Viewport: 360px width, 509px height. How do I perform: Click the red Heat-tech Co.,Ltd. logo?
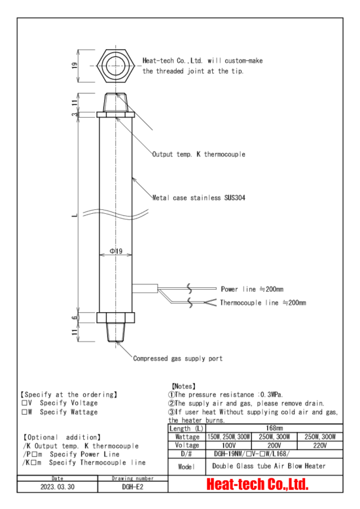[257, 484]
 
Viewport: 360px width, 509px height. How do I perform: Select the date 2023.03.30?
[58, 487]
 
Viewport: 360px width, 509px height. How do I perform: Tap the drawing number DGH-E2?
[133, 487]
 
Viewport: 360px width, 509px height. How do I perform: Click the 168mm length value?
[274, 428]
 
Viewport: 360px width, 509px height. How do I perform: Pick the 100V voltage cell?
[228, 446]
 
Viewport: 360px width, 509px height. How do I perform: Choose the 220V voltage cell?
[319, 446]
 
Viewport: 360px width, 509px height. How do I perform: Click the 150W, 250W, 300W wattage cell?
[228, 437]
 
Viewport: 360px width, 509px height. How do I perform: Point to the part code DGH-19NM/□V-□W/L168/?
[251, 454]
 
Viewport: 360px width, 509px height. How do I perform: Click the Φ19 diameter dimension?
[116, 251]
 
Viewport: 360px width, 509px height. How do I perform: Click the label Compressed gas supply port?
[178, 359]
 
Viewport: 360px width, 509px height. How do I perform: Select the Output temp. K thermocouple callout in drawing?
[198, 154]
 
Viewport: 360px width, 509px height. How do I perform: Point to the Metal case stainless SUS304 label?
[198, 198]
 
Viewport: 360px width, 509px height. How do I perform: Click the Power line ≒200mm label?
[252, 289]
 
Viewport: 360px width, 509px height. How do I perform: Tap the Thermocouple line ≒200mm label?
[263, 303]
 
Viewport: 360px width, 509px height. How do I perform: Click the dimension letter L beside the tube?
[75, 215]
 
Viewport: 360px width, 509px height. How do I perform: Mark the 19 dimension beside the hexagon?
[75, 65]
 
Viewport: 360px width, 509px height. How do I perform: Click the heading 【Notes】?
[183, 386]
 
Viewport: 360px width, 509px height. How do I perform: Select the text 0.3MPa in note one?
[271, 395]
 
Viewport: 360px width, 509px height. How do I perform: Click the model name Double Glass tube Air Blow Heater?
[269, 466]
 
